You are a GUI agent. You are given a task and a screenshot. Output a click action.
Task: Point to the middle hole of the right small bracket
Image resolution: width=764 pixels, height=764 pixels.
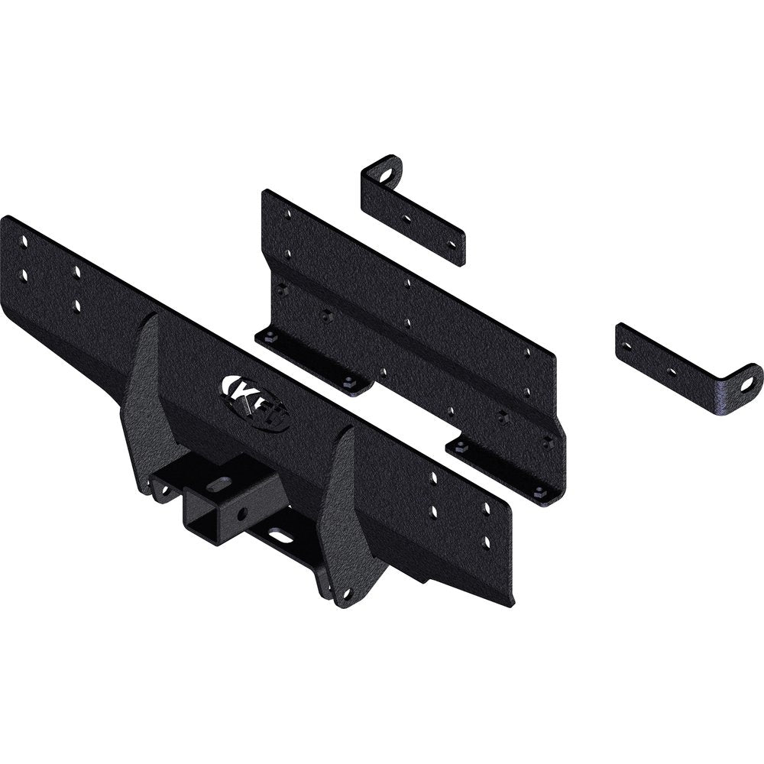coord(671,372)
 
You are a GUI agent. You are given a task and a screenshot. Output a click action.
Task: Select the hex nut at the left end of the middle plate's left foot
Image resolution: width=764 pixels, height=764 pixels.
coord(270,335)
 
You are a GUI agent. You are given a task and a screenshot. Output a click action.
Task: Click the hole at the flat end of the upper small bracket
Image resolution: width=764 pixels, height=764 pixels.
coord(452,244)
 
